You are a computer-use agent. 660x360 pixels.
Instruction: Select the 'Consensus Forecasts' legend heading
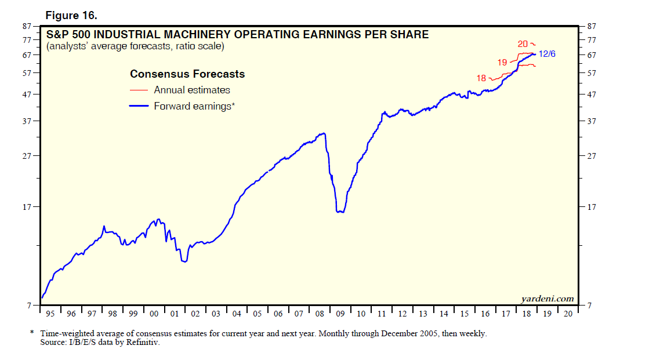187,74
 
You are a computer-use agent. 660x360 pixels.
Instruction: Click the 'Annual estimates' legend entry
192,90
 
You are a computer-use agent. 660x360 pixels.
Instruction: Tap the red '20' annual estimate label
523,43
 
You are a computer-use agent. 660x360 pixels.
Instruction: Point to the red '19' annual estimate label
502,62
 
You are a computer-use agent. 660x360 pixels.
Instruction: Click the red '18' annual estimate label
481,78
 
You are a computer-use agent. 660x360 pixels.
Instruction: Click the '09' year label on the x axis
340,314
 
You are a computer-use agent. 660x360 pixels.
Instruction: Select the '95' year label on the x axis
50,314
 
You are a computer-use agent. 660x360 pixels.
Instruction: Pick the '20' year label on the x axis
568,314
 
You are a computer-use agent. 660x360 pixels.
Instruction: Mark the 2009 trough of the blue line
340,212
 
